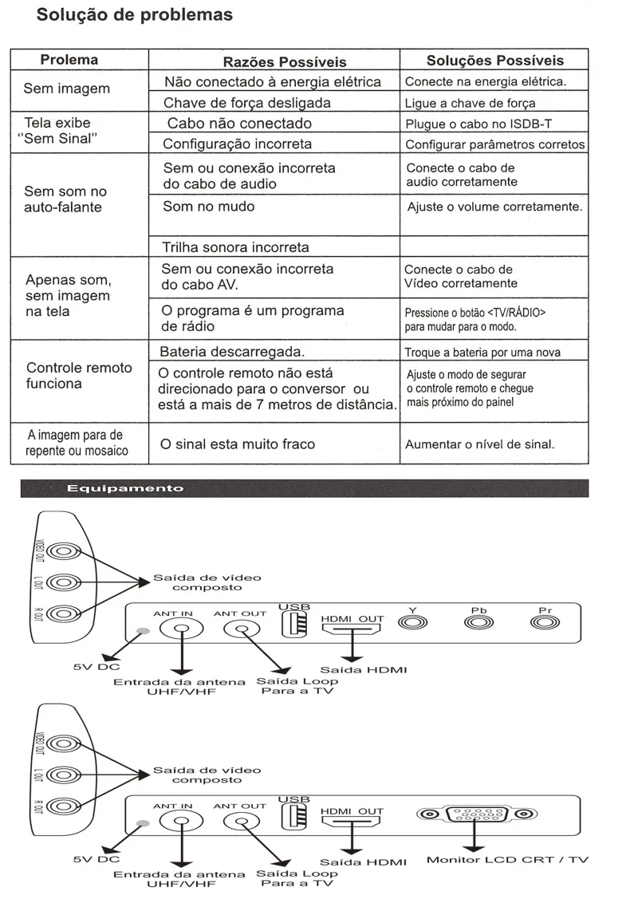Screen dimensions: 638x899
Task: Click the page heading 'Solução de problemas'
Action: coord(135,15)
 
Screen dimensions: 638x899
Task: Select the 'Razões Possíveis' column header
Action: coord(285,62)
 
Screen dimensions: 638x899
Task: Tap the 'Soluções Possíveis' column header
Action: coord(494,61)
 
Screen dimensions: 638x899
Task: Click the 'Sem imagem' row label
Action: coord(66,89)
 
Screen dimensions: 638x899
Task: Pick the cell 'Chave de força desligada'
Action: coord(247,103)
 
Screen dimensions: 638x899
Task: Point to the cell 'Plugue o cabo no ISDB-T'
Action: coord(478,124)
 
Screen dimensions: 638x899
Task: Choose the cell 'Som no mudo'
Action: coord(209,207)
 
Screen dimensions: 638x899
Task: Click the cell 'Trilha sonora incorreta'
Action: coord(235,247)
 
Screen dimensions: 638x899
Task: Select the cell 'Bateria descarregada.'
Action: coord(232,352)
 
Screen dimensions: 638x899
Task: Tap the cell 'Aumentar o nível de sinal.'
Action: coord(480,444)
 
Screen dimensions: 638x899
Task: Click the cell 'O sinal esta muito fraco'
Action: coord(238,444)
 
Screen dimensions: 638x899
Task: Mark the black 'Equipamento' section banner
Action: coord(305,488)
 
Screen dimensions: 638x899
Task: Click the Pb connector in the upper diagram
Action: coord(478,623)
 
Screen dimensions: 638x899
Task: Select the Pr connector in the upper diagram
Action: coord(545,623)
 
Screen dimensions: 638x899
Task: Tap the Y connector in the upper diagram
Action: coord(413,623)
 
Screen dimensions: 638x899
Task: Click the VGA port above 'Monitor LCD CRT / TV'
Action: coord(475,814)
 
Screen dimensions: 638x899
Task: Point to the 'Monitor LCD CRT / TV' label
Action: coord(507,859)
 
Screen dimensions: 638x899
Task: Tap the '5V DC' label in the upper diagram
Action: coord(96,667)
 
